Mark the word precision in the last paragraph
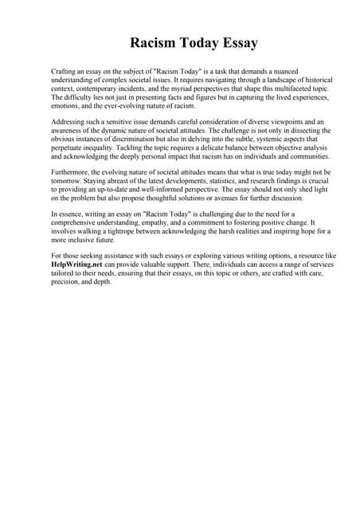(x=66, y=280)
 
